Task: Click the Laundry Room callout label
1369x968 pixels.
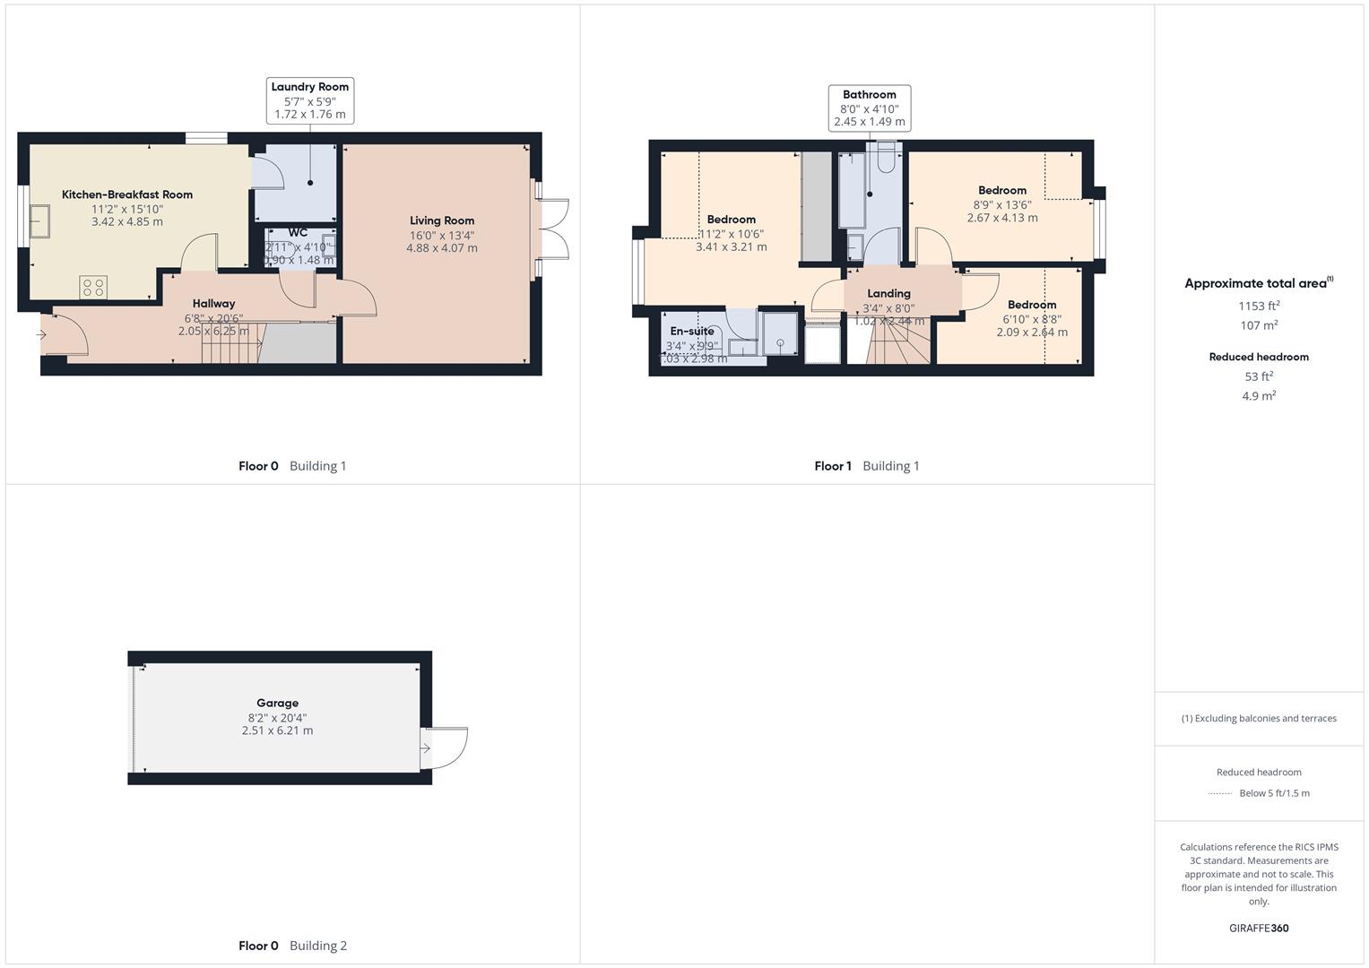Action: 310,87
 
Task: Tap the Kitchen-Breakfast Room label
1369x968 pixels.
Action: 127,194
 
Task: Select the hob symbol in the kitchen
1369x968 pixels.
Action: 93,287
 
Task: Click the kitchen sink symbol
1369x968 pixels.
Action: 40,218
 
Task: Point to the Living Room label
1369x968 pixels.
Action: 442,220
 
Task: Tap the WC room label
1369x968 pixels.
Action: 298,233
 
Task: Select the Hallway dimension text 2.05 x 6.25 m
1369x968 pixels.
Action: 213,331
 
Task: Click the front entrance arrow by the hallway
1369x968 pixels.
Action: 41,335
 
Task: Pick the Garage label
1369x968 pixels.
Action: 277,704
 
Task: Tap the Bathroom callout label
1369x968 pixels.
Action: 869,95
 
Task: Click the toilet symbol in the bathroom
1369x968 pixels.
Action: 887,158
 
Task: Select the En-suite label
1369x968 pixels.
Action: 692,332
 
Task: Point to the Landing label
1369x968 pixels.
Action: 888,294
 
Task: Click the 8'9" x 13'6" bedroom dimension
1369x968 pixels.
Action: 1002,204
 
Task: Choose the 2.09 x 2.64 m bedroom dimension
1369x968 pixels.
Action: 1032,333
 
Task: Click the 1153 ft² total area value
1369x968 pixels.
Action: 1259,306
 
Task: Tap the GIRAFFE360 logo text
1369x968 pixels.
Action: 1259,929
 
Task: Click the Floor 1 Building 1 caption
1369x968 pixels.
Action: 866,466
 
